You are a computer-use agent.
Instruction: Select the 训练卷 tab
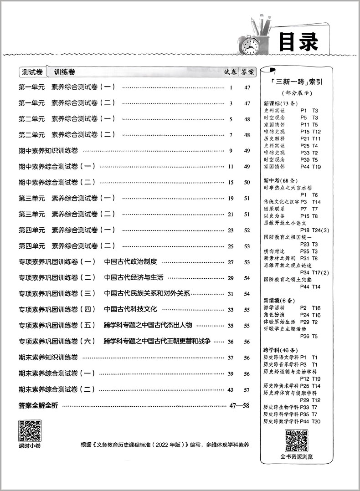(x=64, y=72)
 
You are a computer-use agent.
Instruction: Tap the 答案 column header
(x=248, y=72)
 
